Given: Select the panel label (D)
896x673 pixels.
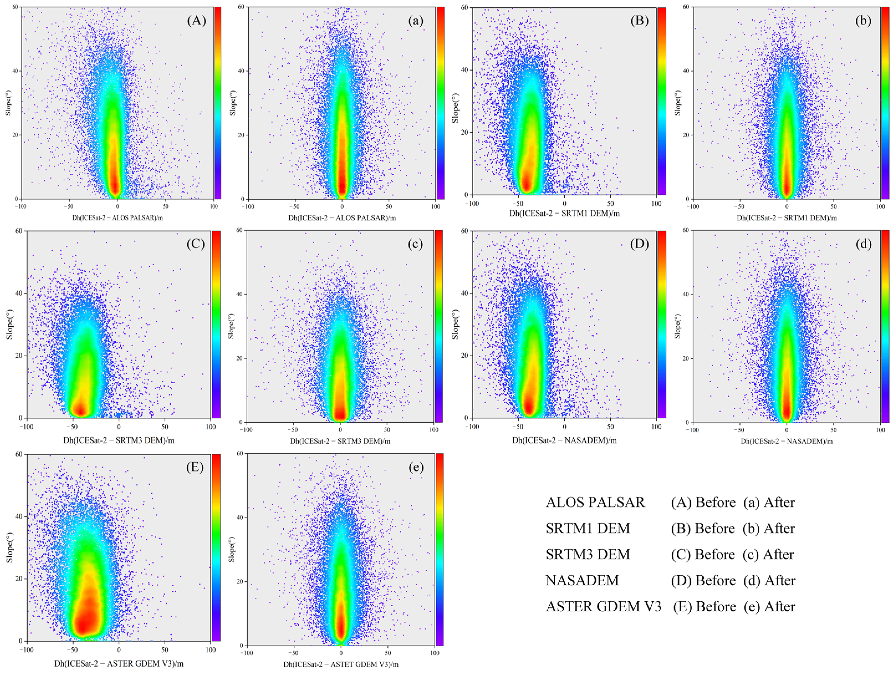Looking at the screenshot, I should coord(640,244).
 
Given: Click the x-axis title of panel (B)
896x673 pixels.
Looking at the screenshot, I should coord(564,213).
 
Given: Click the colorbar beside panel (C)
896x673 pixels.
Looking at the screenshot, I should coord(216,324).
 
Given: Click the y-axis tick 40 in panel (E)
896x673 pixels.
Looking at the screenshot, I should coord(19,517).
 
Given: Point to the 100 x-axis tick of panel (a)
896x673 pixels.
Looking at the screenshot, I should coord(435,206).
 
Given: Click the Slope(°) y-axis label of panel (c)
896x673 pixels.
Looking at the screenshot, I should coord(231,326).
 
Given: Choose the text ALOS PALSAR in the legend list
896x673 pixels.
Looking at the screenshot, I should coord(595,502).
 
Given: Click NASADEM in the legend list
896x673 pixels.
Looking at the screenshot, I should coord(582,580).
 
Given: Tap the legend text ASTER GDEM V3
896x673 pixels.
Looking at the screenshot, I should coord(603,606).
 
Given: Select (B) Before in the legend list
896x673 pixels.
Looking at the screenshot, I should coord(703,528).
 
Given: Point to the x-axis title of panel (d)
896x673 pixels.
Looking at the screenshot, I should coord(787,441).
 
